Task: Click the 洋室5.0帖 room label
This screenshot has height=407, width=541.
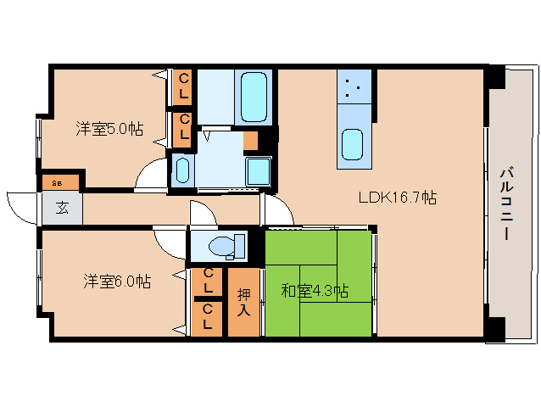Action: pos(109,129)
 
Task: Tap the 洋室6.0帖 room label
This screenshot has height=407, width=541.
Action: pos(117,281)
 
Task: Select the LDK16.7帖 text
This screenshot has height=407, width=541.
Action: pos(397,198)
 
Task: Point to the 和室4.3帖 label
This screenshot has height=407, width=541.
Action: pos(315,291)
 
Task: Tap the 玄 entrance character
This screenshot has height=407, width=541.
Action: pos(63,207)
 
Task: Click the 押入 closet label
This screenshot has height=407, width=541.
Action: pos(244,302)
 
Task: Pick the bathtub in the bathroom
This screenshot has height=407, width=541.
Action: pos(254,98)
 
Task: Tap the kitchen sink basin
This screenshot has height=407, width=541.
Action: pos(353,144)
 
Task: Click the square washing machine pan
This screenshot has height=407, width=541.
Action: pos(258,172)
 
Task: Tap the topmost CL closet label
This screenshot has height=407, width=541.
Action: pos(183,87)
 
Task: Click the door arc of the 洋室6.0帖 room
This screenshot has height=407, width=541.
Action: pos(174,242)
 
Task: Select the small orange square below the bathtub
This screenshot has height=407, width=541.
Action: pos(251,141)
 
